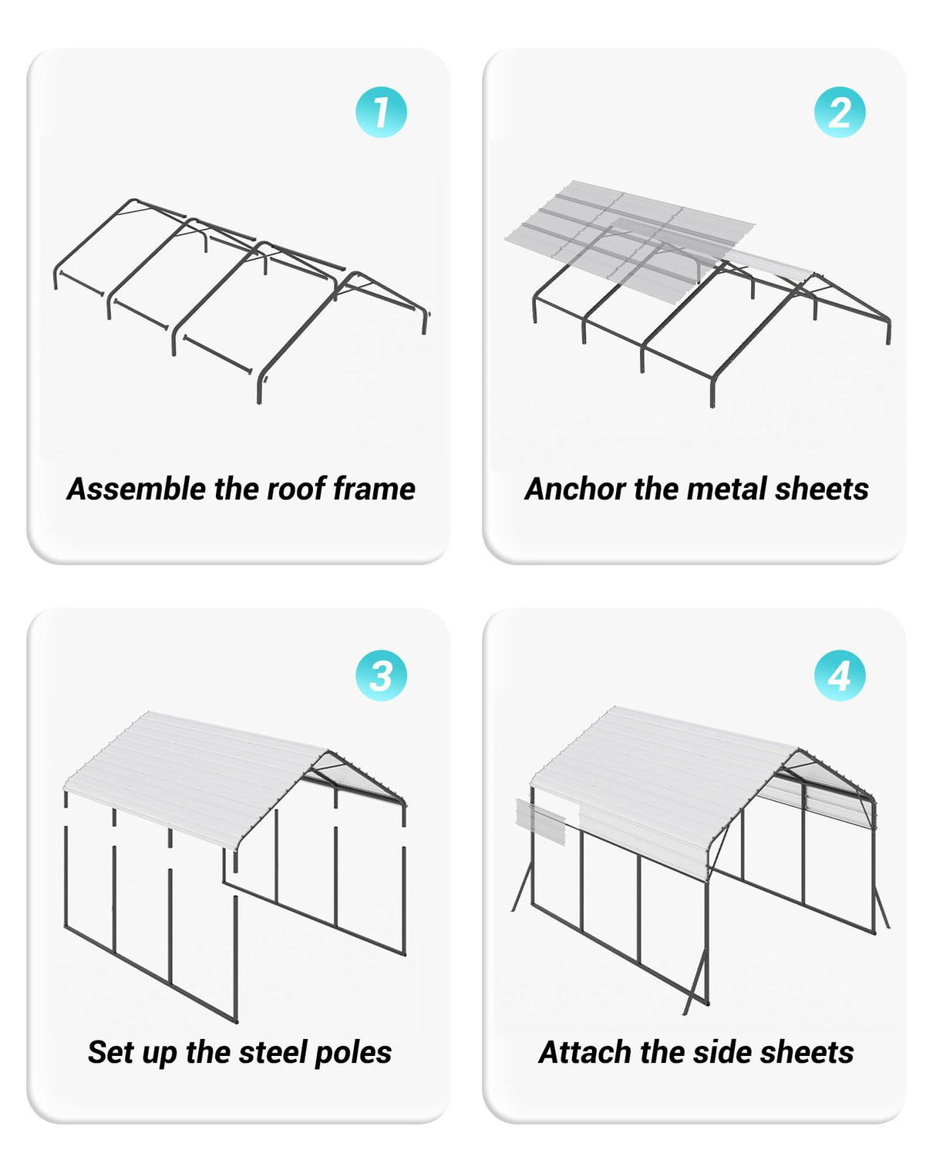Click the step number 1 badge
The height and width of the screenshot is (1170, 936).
(x=381, y=113)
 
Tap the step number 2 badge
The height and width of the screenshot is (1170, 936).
(x=840, y=113)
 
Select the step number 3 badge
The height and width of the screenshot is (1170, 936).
(x=381, y=675)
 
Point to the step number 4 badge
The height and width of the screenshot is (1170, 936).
(x=840, y=675)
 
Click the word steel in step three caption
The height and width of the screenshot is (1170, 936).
(x=270, y=1052)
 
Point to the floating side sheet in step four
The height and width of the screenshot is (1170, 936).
(x=540, y=822)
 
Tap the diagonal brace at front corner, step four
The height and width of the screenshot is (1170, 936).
(x=696, y=983)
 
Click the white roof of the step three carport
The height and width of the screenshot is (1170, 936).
(x=193, y=771)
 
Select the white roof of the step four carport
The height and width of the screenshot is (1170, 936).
(x=655, y=771)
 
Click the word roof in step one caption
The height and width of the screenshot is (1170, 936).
(x=296, y=489)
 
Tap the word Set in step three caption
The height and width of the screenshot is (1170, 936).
(x=109, y=1052)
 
